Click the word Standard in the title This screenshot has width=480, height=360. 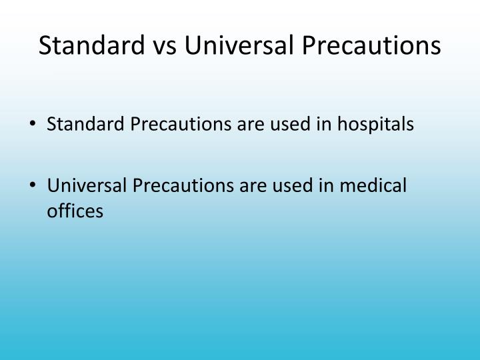point(92,45)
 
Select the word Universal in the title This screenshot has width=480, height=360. point(239,45)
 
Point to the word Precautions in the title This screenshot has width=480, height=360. point(371,45)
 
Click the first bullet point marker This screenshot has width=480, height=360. point(33,123)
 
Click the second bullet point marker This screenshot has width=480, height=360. point(33,185)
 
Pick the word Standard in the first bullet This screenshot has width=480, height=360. point(85,124)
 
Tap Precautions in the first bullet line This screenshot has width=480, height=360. point(181,124)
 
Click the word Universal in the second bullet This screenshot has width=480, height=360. point(87,185)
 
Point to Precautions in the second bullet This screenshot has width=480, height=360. point(183,185)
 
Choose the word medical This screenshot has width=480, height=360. point(373,185)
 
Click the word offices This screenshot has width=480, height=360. point(75,211)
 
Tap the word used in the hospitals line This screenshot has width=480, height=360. point(290,124)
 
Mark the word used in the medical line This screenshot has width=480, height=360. point(293,185)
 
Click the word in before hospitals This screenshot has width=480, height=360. point(324,125)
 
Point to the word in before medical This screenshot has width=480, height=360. point(326,186)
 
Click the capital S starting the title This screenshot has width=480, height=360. point(45,45)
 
